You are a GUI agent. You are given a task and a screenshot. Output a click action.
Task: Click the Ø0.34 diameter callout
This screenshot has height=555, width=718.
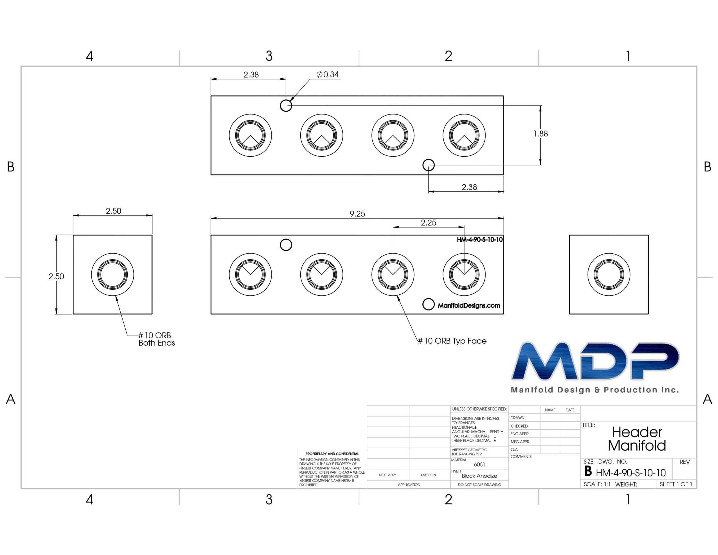click(327, 75)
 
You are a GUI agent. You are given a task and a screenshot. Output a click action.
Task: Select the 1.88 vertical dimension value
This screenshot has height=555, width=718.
click(540, 134)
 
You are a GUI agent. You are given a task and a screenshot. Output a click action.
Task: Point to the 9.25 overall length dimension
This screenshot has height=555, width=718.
click(357, 214)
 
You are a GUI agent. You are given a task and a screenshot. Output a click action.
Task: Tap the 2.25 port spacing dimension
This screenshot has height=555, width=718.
click(428, 223)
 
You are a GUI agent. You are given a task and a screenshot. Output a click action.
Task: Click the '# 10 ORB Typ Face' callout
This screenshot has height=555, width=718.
click(452, 341)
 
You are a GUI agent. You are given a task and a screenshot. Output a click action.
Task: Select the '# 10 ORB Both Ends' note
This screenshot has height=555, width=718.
click(157, 339)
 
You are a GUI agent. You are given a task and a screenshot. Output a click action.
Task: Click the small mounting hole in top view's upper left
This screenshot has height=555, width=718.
click(286, 106)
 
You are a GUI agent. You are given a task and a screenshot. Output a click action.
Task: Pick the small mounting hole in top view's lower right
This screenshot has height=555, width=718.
click(428, 165)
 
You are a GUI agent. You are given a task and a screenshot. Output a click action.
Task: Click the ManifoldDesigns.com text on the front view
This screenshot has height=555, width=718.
click(469, 305)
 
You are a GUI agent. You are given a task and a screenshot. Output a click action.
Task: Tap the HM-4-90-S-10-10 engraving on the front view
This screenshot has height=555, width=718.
click(480, 240)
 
